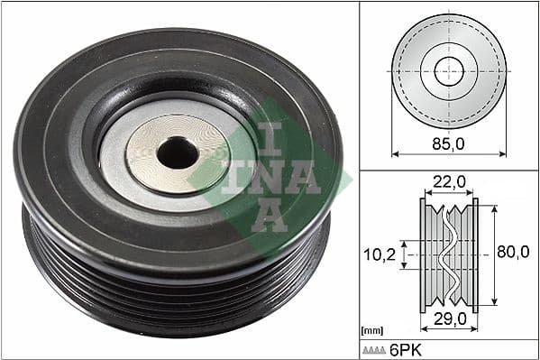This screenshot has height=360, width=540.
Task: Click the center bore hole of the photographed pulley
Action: (x=177, y=154)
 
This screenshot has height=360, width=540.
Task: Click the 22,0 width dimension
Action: (x=448, y=182)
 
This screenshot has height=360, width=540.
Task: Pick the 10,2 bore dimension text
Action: (x=380, y=254)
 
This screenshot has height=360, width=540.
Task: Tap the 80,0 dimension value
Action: (x=512, y=253)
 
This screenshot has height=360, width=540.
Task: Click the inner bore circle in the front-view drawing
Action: (x=448, y=70)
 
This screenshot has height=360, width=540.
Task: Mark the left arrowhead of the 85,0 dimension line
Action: (x=395, y=153)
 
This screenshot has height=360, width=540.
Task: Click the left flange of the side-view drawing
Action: (x=423, y=254)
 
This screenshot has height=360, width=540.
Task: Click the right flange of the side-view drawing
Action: (x=475, y=254)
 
